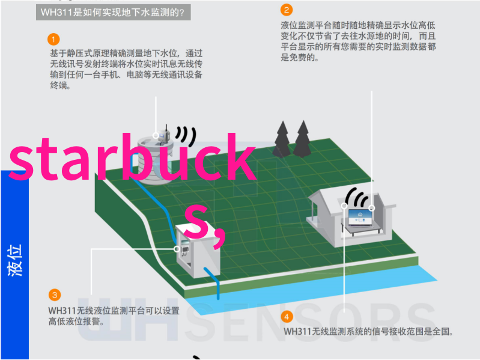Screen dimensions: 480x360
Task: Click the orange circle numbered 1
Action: pos(53,40)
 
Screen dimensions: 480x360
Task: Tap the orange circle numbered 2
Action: pos(287,10)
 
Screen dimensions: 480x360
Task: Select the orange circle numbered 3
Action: pos(55,295)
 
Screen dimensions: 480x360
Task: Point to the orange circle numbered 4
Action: pos(287,317)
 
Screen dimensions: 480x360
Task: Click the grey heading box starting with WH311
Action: pos(114,12)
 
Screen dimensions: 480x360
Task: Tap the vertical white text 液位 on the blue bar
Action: pos(14,260)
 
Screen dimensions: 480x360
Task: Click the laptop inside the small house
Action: pos(360,218)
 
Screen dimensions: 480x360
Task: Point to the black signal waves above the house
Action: pos(357,198)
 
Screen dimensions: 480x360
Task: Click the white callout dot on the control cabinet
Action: pos(177,249)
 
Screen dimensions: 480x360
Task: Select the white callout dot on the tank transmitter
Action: pos(156,135)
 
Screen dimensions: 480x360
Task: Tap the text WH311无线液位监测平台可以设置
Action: pos(114,311)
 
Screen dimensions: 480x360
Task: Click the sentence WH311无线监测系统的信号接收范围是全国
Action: pos(368,331)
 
